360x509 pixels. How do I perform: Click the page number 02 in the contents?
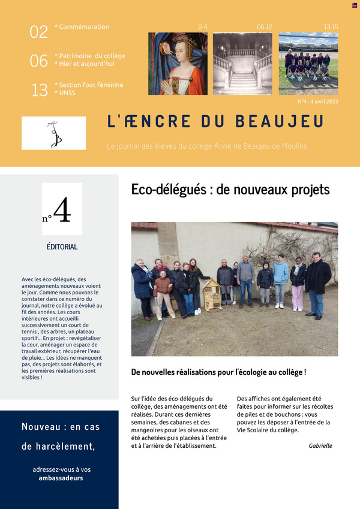(38, 32)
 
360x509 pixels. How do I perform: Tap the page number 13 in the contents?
(39, 91)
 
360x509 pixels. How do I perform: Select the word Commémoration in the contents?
(84, 27)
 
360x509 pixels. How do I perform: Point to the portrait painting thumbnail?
(178, 64)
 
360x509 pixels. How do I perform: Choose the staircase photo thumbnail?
(242, 64)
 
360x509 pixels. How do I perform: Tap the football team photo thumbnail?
(308, 64)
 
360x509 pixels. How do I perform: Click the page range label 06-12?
(264, 28)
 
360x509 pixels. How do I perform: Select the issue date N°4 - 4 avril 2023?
(318, 101)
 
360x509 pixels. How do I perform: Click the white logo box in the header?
(53, 133)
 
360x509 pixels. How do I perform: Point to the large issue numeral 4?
(63, 210)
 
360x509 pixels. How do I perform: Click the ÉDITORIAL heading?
(62, 246)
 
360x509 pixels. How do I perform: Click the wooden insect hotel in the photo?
(211, 296)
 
